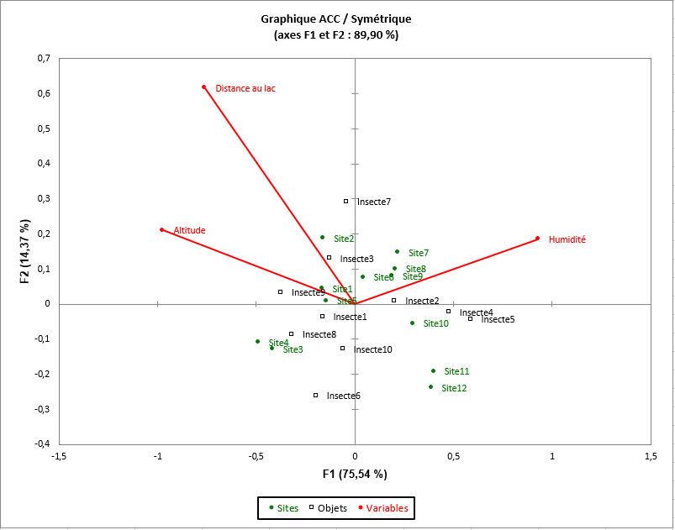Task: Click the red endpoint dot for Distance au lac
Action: (203, 87)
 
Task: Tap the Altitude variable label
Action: (189, 230)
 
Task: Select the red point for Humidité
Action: (537, 239)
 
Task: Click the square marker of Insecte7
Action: (345, 201)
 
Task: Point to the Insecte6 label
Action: (343, 396)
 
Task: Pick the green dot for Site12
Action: (430, 386)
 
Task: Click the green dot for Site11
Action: (433, 370)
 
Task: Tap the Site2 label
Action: (343, 239)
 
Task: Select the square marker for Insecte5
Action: (470, 318)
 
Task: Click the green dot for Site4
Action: (257, 341)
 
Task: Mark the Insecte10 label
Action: (372, 349)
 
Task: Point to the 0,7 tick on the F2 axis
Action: (43, 59)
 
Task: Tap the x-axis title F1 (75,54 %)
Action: (355, 474)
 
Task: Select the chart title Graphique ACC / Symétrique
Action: (336, 18)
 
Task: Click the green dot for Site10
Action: (412, 323)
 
